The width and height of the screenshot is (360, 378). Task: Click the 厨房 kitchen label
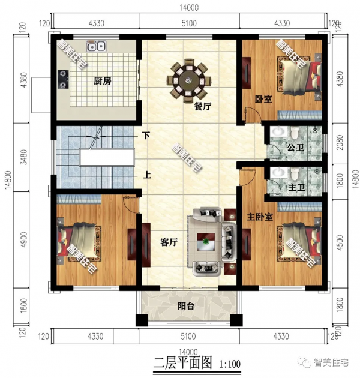(101, 80)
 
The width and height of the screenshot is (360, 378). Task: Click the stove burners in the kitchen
(61, 77)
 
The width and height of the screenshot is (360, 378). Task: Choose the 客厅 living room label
(169, 242)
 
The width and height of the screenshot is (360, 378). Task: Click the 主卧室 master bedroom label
(260, 216)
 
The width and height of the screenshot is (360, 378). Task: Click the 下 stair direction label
(146, 136)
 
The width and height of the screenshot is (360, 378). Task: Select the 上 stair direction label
(146, 176)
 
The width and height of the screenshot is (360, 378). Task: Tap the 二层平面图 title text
(183, 363)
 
